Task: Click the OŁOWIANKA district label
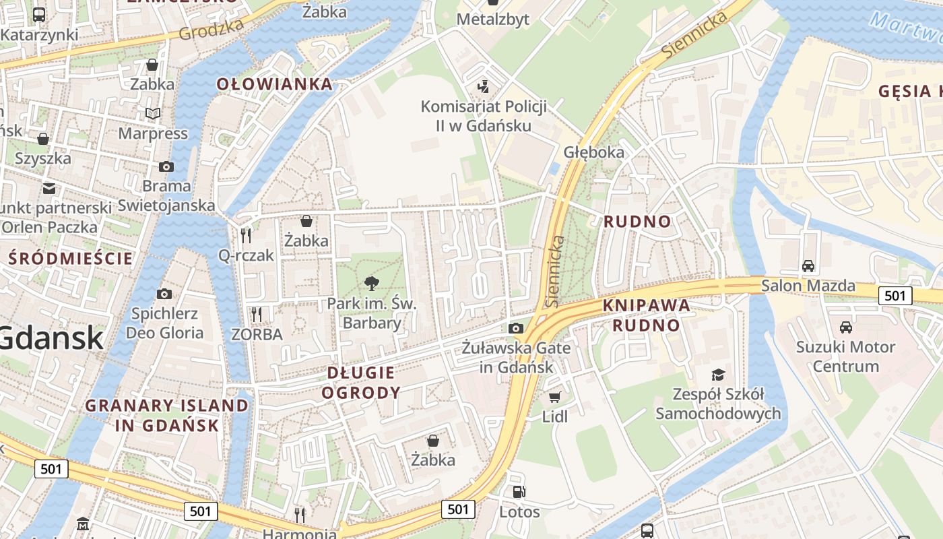[274, 84]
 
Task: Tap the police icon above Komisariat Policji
[482, 86]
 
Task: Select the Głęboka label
[594, 152]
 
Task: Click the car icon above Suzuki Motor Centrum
[845, 327]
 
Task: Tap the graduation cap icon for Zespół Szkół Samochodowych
[718, 375]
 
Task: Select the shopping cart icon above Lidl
[554, 398]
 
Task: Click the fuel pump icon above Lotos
[519, 493]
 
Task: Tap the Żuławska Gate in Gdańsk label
[516, 358]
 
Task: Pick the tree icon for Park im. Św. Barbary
[371, 284]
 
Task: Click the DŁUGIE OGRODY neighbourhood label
[361, 383]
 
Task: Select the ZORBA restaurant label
[257, 334]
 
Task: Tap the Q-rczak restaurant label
[246, 255]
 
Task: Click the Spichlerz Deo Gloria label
[165, 323]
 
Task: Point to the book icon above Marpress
[153, 113]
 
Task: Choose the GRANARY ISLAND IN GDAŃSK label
[167, 415]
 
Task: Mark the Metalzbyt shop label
[492, 20]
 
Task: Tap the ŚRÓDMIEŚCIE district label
[71, 258]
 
